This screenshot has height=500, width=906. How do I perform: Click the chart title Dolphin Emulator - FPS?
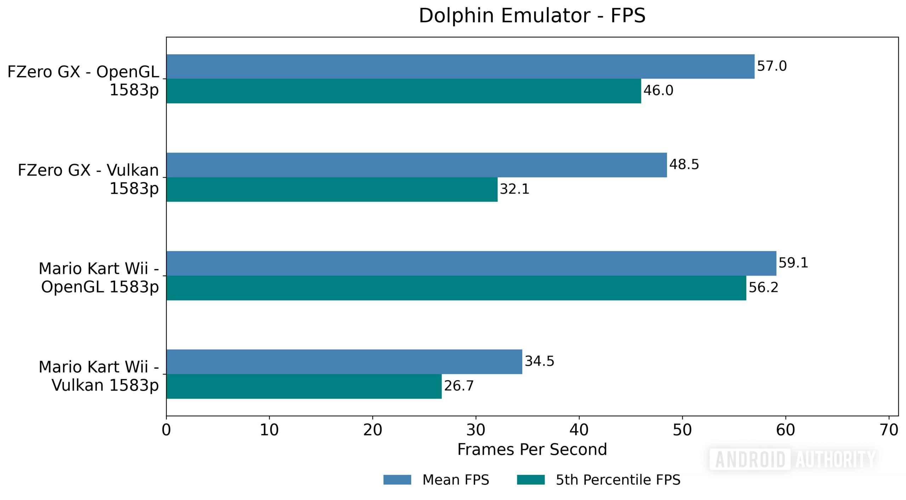[x=532, y=16]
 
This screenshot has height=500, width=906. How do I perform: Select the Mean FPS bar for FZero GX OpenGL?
[x=460, y=67]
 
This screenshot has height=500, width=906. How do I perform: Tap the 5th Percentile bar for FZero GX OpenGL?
[x=403, y=91]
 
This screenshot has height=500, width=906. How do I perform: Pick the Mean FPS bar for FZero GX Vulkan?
[x=417, y=165]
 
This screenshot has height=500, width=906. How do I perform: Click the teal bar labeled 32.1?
[x=332, y=189]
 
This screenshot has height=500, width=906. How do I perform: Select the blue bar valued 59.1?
[x=471, y=263]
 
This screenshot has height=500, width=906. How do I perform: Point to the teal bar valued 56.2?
[x=456, y=288]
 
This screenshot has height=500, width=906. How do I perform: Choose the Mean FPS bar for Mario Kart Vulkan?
[x=344, y=362]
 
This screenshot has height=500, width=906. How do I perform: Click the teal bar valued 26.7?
[x=304, y=386]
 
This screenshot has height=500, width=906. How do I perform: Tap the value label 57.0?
[x=772, y=66]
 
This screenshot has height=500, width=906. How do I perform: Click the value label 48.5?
[x=684, y=165]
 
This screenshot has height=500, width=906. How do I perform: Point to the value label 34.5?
[x=539, y=361]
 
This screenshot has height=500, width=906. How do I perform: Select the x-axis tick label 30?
[x=476, y=430]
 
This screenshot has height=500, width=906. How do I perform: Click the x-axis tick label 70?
[x=889, y=430]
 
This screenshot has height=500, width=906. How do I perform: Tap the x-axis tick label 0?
[x=166, y=430]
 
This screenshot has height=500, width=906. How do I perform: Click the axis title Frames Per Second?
[x=532, y=450]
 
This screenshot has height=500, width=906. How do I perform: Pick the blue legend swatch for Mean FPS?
[x=397, y=480]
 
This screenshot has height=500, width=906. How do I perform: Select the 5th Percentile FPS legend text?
[x=618, y=480]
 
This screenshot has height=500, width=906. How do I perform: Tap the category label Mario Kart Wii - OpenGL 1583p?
[x=99, y=278]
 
